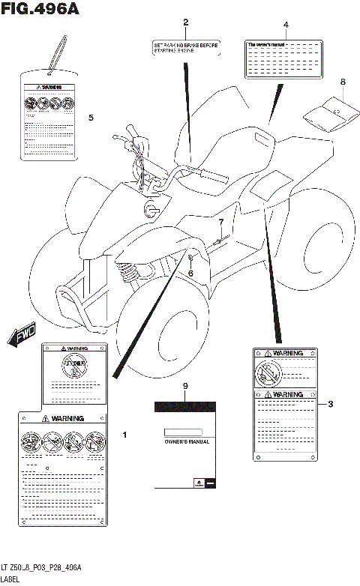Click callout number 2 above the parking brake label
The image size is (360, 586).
(x=185, y=22)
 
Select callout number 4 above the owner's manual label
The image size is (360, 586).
(x=285, y=25)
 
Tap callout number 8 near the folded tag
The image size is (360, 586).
(x=343, y=82)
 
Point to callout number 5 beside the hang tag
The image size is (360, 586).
(x=91, y=118)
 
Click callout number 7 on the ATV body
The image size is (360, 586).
(x=221, y=223)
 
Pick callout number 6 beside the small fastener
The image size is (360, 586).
(x=190, y=273)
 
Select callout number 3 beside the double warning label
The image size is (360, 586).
(x=330, y=405)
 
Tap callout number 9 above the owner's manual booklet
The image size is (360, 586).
(x=185, y=385)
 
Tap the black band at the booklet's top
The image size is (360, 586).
(x=187, y=407)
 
